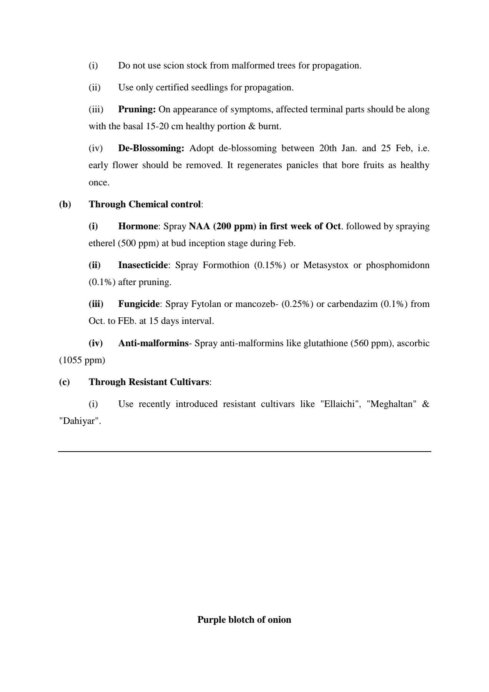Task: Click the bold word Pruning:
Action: tap(136, 110)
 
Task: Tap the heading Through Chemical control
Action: tap(145, 204)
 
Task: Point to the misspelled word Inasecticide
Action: tap(143, 265)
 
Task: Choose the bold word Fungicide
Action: tap(139, 304)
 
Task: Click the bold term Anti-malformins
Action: tap(153, 343)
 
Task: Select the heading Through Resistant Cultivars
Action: tap(149, 382)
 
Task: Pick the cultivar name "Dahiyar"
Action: tap(80, 421)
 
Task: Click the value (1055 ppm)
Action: tap(82, 360)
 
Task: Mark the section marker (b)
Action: tap(65, 204)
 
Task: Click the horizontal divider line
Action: tap(244, 451)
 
